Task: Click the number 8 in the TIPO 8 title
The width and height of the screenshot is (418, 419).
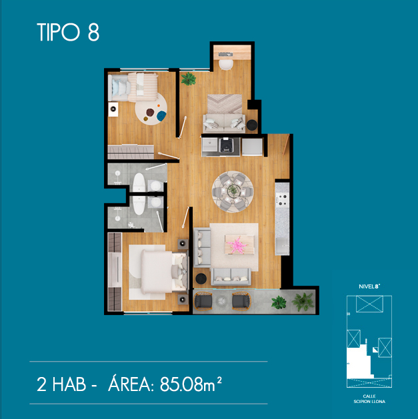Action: (x=93, y=32)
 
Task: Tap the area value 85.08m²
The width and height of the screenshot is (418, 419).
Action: (x=191, y=384)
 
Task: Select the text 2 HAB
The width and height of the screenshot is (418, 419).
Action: (x=61, y=384)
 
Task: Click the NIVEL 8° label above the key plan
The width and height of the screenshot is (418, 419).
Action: (x=369, y=286)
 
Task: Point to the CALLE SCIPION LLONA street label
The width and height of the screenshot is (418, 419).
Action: (x=369, y=399)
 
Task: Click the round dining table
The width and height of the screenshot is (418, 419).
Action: (x=233, y=191)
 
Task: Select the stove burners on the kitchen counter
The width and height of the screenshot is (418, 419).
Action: (x=283, y=200)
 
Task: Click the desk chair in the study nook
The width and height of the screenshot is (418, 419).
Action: (x=226, y=65)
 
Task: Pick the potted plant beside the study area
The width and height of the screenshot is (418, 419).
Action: (x=189, y=79)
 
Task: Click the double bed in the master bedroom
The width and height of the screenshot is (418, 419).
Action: (x=164, y=272)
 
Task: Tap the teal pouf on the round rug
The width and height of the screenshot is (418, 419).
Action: (x=161, y=116)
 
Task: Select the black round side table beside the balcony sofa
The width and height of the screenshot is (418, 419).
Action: (x=201, y=278)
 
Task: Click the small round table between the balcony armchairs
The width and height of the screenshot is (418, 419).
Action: (x=222, y=301)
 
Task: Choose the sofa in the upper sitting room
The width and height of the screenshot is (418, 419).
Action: (x=224, y=123)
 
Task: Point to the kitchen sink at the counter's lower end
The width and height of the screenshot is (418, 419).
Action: (x=283, y=246)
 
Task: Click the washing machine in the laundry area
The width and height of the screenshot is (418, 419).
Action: (x=226, y=145)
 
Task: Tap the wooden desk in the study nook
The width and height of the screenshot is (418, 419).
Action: (x=232, y=53)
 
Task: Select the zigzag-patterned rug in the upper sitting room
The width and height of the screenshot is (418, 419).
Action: (x=225, y=104)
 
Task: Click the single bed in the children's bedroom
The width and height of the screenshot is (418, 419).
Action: (x=133, y=87)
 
